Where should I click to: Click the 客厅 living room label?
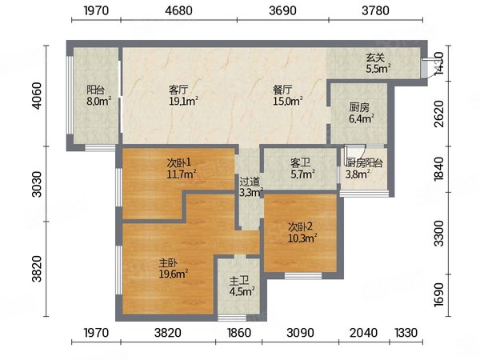pos(178,90)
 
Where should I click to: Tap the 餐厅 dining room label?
pos(282,90)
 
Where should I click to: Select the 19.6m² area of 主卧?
pos(174,274)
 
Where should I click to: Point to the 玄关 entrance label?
pos(376,58)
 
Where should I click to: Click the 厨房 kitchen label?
pos(359,107)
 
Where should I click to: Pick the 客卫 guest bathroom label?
pos(300,162)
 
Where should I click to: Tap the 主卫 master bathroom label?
pos(239,281)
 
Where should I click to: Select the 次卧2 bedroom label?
pos(300,227)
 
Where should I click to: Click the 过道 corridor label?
pos(250,182)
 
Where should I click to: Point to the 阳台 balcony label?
pos(96,90)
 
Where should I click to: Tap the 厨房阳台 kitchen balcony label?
pos(364,163)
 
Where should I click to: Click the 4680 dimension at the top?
pos(178,10)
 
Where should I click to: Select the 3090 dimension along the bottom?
pos(300,333)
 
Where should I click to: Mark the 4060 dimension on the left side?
pos(38,95)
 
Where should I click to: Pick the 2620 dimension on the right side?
pos(439,114)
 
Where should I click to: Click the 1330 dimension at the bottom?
pos(406,333)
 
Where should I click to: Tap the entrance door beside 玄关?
pos(425,68)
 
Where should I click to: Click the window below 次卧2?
pos(303,276)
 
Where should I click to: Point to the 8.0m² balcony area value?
pos(98,102)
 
